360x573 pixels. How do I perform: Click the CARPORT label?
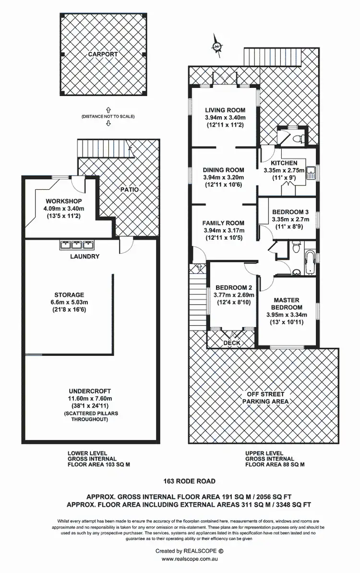point(103,54)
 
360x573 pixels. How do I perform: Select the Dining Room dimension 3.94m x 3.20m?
point(223,177)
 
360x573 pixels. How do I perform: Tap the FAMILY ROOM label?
point(223,223)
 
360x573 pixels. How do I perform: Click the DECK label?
point(232,343)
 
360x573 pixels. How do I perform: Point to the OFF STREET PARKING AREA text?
point(265,397)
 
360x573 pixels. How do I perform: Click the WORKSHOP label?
point(64,201)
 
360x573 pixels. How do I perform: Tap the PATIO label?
point(130,190)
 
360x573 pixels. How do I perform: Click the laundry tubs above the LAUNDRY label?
point(75,245)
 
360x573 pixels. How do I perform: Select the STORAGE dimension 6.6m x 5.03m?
point(70,303)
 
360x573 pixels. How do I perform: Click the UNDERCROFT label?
point(90,391)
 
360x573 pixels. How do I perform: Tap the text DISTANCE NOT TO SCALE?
point(108,117)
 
